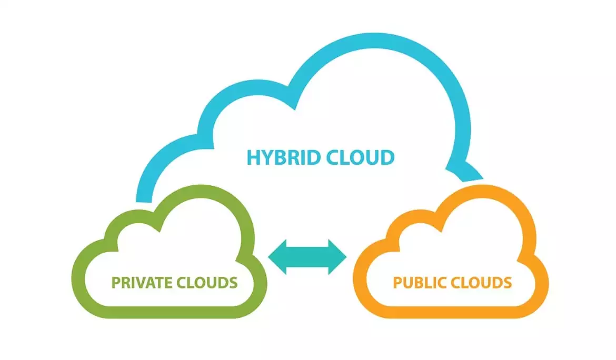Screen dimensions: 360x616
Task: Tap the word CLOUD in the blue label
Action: [361, 157]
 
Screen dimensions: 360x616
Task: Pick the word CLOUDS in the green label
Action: [208, 283]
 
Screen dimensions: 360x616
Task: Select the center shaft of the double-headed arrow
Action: [307, 257]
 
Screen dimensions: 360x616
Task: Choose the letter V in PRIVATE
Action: [144, 283]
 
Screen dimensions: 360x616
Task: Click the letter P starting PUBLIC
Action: [398, 283]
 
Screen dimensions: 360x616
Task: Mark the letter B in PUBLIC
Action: [421, 283]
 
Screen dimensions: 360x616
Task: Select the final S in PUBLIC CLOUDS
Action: [507, 283]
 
